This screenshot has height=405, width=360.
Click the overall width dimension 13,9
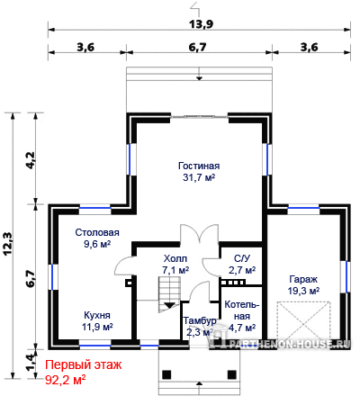(x=201, y=23)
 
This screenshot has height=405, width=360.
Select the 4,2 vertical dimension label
(x=31, y=160)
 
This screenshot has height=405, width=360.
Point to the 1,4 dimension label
(x=31, y=362)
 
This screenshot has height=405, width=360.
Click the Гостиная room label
(x=199, y=166)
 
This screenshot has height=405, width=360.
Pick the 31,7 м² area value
(x=199, y=177)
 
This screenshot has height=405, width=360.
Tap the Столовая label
(x=97, y=232)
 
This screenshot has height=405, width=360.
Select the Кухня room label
(x=97, y=315)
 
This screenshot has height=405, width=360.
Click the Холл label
(x=175, y=258)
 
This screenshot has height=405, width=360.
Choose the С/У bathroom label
(x=242, y=258)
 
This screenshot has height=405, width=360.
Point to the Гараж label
(x=303, y=279)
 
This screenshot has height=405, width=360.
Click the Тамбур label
(x=200, y=320)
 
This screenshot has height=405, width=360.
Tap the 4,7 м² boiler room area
(x=242, y=328)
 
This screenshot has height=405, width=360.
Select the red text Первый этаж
(x=84, y=364)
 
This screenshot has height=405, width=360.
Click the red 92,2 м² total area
(x=65, y=380)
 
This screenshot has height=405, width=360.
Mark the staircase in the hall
(x=169, y=294)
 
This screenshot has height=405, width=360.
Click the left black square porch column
(x=166, y=374)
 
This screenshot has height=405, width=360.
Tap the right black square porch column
(x=232, y=374)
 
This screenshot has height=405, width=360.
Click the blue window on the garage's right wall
(x=346, y=277)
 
